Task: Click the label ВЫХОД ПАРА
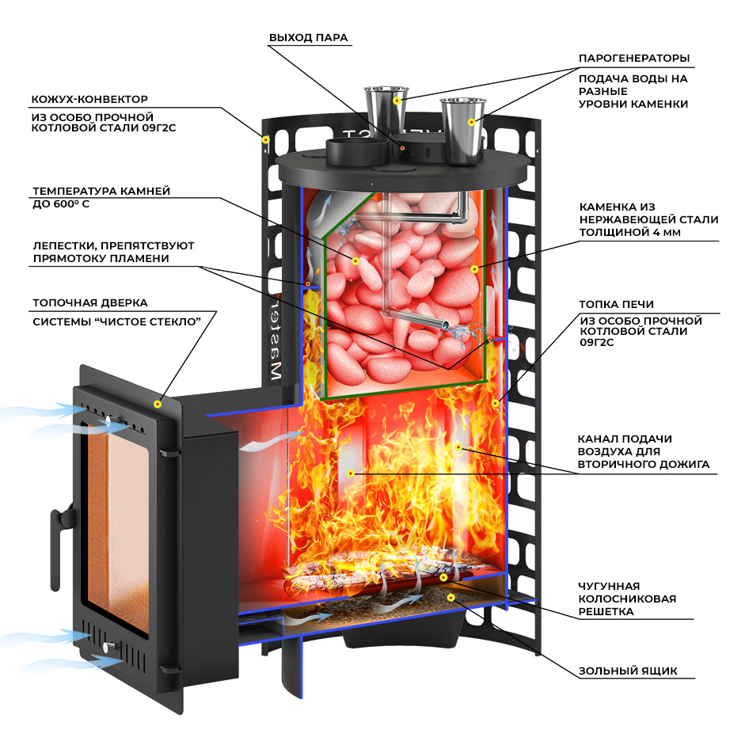(308, 37)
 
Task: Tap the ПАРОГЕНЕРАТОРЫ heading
(633, 59)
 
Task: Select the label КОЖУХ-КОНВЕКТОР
(89, 100)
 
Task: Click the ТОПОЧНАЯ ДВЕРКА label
(89, 302)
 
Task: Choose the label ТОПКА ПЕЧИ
(616, 304)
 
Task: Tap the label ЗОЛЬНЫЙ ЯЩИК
(627, 671)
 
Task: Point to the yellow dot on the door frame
(158, 404)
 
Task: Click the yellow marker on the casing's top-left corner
(265, 140)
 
